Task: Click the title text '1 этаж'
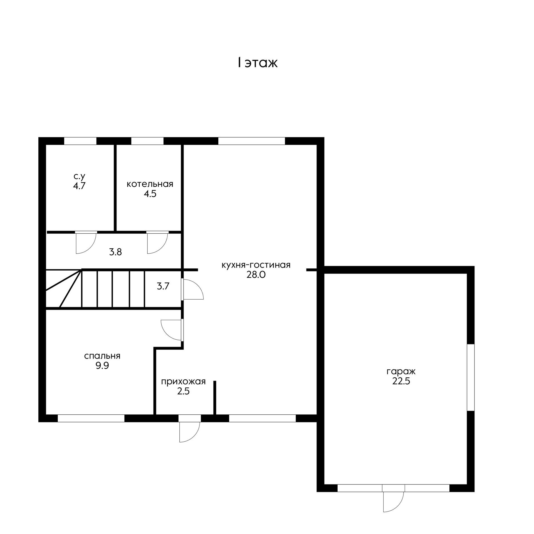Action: pos(257,63)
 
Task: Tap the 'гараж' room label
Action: pos(401,371)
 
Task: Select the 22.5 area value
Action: pos(401,381)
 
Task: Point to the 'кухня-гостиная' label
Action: pos(256,265)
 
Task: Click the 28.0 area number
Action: pos(256,275)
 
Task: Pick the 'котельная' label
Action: pos(150,184)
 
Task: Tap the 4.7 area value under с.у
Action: pos(79,186)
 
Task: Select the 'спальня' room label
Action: pos(102,356)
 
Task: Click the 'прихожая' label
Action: pos(183,382)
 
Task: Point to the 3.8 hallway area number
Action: pos(115,252)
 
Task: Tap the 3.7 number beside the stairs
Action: pos(163,286)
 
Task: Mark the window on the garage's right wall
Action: pos(471,377)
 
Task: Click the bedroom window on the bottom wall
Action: pos(91,418)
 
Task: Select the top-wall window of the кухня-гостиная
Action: pos(251,141)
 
